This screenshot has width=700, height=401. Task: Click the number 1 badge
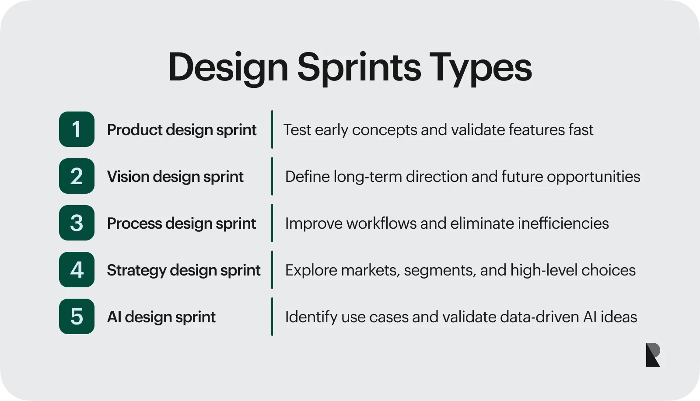pos(77,129)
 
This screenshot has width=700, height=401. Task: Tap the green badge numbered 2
pos(77,176)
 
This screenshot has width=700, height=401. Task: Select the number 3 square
pos(77,223)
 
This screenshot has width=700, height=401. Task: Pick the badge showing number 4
pos(77,270)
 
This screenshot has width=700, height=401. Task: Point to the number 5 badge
pos(77,317)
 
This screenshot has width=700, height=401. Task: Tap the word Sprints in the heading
pos(359,69)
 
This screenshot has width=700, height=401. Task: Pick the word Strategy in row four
pos(136,270)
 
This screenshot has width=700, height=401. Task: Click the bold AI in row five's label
pos(114,317)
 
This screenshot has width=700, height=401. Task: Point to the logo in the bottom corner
pos(653,355)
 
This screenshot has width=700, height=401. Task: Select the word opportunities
pos(593,177)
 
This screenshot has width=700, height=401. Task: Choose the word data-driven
pos(540,317)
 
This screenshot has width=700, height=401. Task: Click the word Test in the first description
pos(297,129)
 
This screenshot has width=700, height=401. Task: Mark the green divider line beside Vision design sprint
pos(272,176)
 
